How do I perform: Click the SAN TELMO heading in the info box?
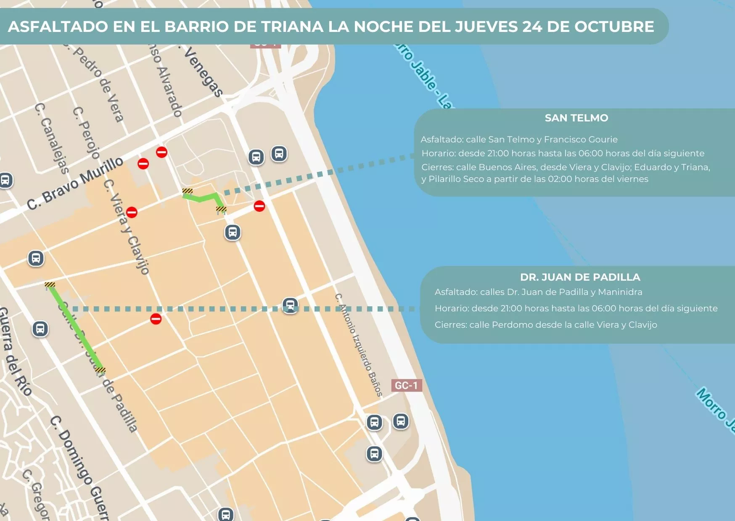point(576,118)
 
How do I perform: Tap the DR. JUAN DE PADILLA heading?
point(580,277)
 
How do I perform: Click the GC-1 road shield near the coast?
point(406,385)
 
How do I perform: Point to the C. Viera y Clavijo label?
point(127,227)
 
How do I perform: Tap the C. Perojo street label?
point(86,133)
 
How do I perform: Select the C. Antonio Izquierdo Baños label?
point(359,345)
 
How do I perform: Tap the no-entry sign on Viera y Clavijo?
point(132,213)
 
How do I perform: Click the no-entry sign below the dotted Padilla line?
point(156,319)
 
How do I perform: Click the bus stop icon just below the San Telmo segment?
point(233,232)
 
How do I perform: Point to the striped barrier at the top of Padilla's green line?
point(50,285)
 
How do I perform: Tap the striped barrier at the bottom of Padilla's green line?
point(100,370)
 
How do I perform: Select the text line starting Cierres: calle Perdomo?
point(545,325)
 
